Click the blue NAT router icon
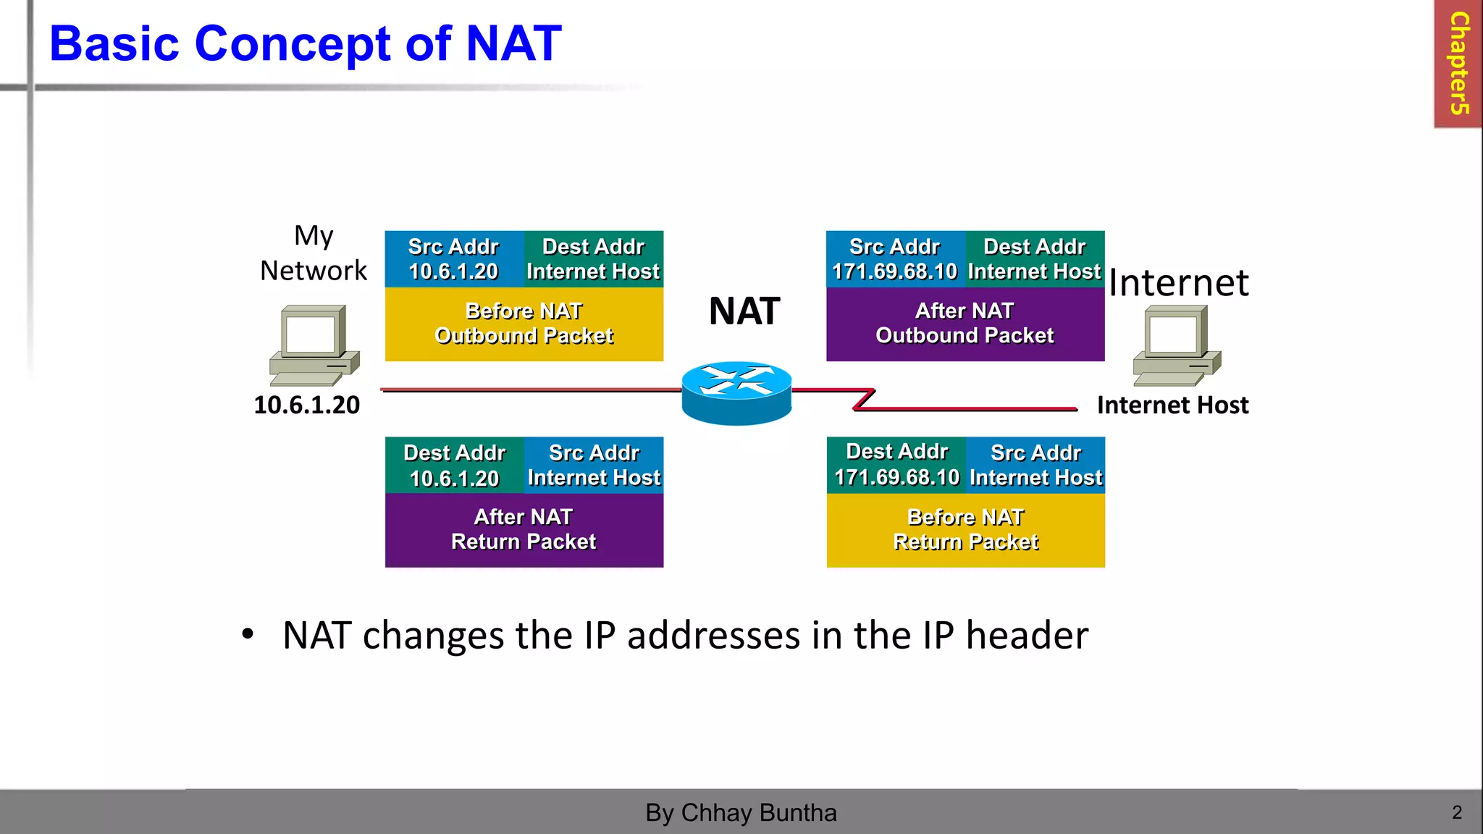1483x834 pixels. click(736, 392)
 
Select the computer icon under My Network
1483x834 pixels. click(314, 345)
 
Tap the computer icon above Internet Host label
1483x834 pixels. click(1177, 345)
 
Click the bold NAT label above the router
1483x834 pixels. click(744, 311)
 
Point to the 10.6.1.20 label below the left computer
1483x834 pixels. click(306, 405)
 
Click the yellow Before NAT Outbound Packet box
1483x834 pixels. click(524, 324)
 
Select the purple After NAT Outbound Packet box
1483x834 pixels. click(965, 324)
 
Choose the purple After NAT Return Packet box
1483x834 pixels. click(524, 530)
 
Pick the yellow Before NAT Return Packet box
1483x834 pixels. click(965, 530)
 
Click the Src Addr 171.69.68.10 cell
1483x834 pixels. click(895, 259)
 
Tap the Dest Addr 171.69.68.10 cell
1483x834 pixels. click(896, 465)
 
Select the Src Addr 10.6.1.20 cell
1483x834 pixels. click(454, 259)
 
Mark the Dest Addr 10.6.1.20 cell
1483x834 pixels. click(455, 465)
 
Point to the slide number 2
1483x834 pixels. click(1457, 812)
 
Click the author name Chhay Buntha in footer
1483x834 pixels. click(758, 813)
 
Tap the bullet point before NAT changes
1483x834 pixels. click(248, 634)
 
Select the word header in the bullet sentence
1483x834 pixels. click(1027, 636)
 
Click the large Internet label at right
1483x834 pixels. click(1178, 282)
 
